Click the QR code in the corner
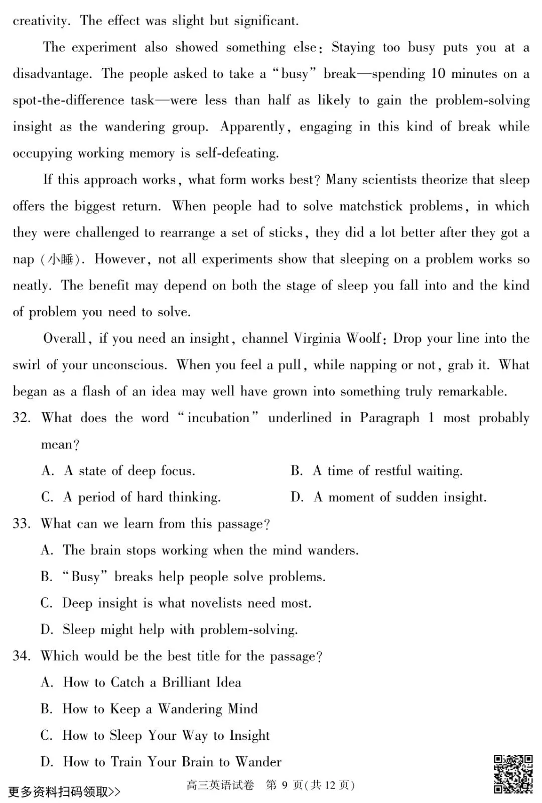(513, 773)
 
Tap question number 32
(22, 418)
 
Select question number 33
(22, 524)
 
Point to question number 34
(22, 656)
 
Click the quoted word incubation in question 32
(218, 418)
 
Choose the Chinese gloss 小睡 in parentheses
(60, 259)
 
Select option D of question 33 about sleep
(180, 629)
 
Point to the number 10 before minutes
(438, 74)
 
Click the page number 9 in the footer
(284, 785)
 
